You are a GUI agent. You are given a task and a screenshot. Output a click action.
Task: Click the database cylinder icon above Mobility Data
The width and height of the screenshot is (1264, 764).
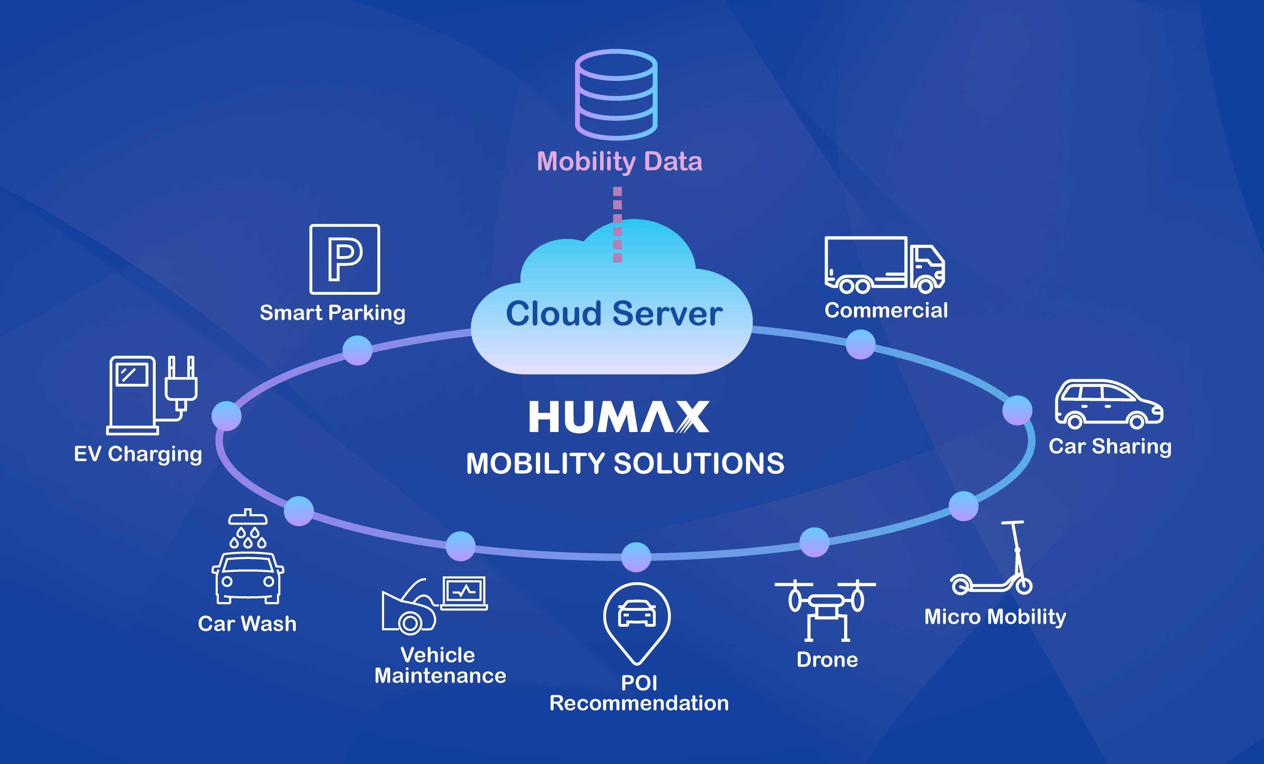(x=616, y=95)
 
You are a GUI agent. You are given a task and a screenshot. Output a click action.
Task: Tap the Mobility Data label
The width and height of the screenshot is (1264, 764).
(x=619, y=162)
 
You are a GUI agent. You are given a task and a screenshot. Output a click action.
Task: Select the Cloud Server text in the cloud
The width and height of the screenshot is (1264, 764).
(x=614, y=314)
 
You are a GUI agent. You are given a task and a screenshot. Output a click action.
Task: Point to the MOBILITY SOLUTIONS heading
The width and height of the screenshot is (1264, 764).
(x=625, y=463)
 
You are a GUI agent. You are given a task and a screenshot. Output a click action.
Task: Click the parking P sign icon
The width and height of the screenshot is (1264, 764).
(x=345, y=259)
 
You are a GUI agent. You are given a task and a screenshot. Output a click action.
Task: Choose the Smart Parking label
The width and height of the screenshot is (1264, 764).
(x=332, y=313)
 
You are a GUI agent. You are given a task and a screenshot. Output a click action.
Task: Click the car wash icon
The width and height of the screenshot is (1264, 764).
(x=248, y=556)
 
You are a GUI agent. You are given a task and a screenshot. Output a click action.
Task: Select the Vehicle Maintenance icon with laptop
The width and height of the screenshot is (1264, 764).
(x=434, y=605)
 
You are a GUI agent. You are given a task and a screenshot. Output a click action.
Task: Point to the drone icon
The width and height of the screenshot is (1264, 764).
(x=825, y=610)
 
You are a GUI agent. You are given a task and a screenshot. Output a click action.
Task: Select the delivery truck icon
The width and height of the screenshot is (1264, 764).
(x=885, y=265)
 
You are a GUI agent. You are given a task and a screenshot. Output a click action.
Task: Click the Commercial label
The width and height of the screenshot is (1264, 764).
(x=886, y=310)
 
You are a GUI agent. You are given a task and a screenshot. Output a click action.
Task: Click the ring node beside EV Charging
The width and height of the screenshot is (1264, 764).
(x=227, y=416)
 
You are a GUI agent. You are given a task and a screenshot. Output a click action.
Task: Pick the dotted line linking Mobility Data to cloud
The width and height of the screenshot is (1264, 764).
(x=618, y=225)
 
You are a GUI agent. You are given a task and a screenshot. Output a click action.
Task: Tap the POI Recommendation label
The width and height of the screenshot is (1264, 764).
(x=639, y=693)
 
